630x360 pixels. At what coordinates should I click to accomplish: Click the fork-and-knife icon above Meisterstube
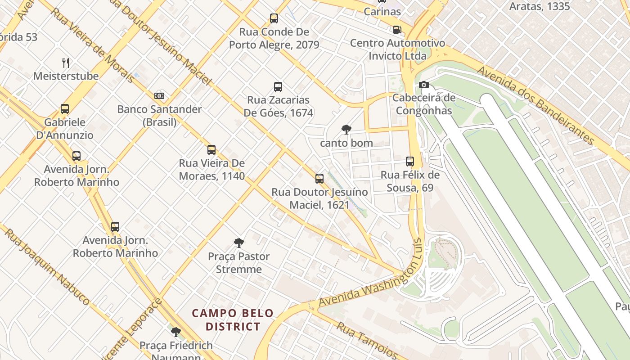point(66,63)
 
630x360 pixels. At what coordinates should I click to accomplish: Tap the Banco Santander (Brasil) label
point(159,115)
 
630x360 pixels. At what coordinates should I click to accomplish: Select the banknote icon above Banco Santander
point(159,96)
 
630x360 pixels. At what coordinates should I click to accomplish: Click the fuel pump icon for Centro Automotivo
point(397,30)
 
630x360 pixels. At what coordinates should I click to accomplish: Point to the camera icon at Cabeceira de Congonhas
point(423,85)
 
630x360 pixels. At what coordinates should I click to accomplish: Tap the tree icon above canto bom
point(346,130)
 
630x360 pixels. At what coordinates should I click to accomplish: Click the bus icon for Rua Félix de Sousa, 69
point(409,162)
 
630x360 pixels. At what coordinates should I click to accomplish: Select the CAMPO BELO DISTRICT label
point(233,319)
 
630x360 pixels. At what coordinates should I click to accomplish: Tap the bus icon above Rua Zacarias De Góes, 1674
point(278,87)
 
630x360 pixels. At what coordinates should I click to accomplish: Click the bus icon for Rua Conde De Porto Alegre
point(274,18)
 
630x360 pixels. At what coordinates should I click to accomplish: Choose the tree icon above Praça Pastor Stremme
point(239,243)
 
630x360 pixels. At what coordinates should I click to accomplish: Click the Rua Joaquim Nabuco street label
point(47,265)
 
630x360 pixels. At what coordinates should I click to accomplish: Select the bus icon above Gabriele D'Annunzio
point(65,109)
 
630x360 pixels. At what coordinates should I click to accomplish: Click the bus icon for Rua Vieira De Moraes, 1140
point(211,150)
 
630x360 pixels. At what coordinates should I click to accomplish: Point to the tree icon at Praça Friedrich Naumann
point(176,333)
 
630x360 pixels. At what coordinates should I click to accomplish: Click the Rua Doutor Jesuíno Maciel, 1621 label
point(319,198)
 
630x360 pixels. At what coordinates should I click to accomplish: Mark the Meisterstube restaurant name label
point(66,76)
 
